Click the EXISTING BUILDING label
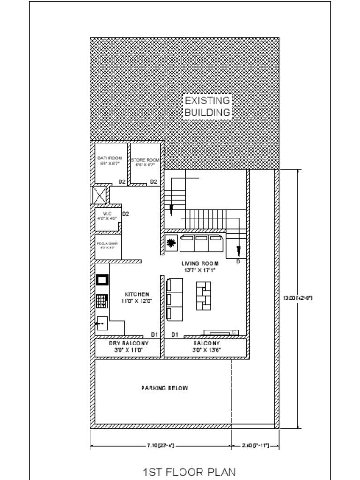(207, 106)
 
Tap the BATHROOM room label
(110, 158)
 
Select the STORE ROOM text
(145, 160)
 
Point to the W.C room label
(107, 213)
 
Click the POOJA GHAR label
(107, 244)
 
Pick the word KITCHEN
(137, 294)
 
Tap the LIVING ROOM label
(200, 264)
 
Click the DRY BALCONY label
(129, 344)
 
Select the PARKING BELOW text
(165, 388)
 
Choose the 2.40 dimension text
(256, 445)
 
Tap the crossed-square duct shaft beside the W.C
(100, 195)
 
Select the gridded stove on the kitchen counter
(102, 300)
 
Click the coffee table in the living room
(203, 295)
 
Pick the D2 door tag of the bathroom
(121, 182)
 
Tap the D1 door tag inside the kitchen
(154, 334)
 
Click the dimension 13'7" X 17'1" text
(200, 270)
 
